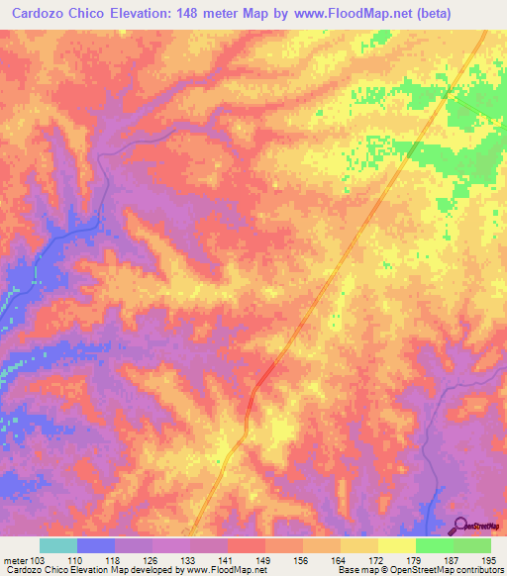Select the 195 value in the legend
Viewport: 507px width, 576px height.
[490, 559]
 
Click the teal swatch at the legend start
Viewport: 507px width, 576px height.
[58, 545]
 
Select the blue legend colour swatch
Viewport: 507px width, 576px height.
[96, 545]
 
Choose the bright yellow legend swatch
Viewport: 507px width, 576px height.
[397, 545]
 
